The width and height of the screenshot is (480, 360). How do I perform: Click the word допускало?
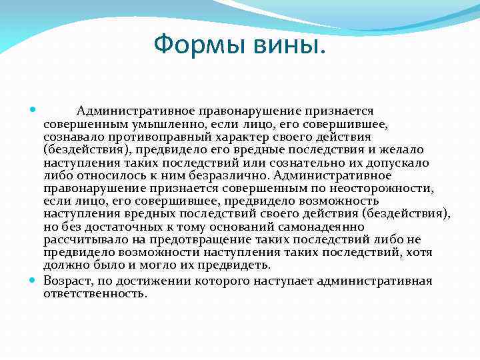tap(401, 163)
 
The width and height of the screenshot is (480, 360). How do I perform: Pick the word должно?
tap(64, 265)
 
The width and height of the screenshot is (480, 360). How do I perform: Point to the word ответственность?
tap(95, 293)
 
